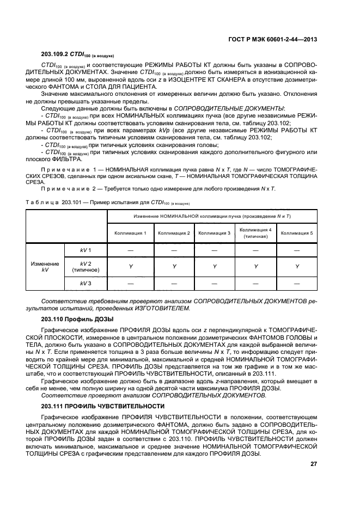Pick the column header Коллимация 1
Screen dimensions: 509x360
(x=130, y=232)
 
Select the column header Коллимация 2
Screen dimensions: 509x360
(x=174, y=232)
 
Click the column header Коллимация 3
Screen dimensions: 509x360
(x=215, y=232)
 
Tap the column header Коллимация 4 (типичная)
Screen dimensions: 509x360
(x=255, y=232)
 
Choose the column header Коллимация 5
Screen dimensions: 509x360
(x=297, y=232)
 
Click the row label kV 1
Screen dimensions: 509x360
(x=86, y=250)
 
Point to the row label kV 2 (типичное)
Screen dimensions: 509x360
(x=86, y=266)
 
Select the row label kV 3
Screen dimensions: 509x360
(x=86, y=284)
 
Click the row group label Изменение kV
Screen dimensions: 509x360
(x=45, y=266)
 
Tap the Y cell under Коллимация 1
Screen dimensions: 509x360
(x=130, y=267)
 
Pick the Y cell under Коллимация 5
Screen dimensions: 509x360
(x=297, y=267)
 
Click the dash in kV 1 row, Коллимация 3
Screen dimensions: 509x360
(x=215, y=250)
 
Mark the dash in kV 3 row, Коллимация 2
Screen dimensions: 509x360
(x=174, y=284)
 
